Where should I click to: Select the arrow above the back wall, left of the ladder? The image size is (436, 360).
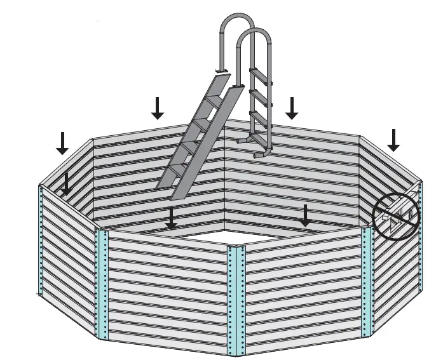[158, 109]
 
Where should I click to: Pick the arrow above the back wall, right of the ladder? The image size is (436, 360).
[292, 108]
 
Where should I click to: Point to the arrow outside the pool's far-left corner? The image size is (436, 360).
[62, 142]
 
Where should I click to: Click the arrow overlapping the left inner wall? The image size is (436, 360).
[67, 183]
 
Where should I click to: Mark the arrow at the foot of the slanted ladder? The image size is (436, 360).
[170, 218]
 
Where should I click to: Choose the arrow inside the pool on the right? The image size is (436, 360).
[306, 216]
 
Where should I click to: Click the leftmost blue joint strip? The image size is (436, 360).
[41, 241]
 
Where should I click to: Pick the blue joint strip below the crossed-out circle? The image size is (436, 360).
[367, 279]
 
